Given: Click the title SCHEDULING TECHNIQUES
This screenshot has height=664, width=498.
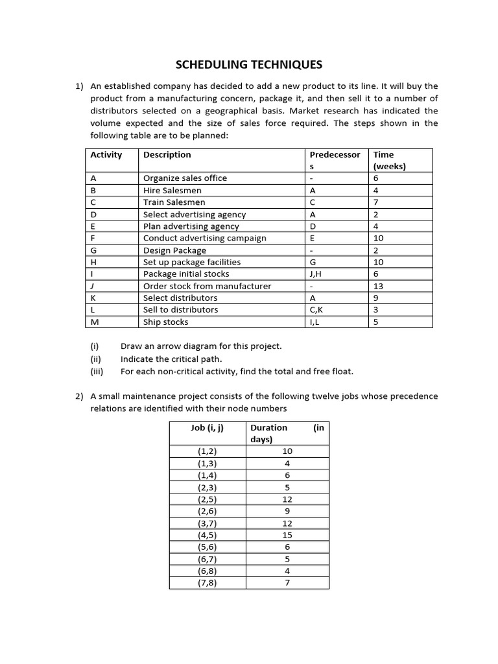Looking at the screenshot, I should coord(249,64).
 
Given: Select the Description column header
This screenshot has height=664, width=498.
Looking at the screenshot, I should coord(167,155).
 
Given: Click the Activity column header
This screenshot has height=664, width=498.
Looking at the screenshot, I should coord(106,155).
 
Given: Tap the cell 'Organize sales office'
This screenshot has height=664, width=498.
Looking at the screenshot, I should coord(185,178).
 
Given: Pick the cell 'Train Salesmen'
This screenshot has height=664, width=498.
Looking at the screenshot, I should coord(172,202).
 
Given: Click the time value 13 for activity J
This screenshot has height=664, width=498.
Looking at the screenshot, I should coord(378,286).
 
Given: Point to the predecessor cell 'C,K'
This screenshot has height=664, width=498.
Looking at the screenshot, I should coord(317,310).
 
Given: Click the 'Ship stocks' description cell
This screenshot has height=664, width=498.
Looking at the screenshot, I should coord(166,322).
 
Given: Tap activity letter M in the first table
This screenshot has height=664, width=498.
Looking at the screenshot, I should coord(94,322).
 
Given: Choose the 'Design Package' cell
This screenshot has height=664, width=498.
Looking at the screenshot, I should coord(174,250).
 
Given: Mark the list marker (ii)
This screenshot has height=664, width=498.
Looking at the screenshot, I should coord(95,359).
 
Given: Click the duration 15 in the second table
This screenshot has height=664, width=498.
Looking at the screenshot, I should coord(287,535).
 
